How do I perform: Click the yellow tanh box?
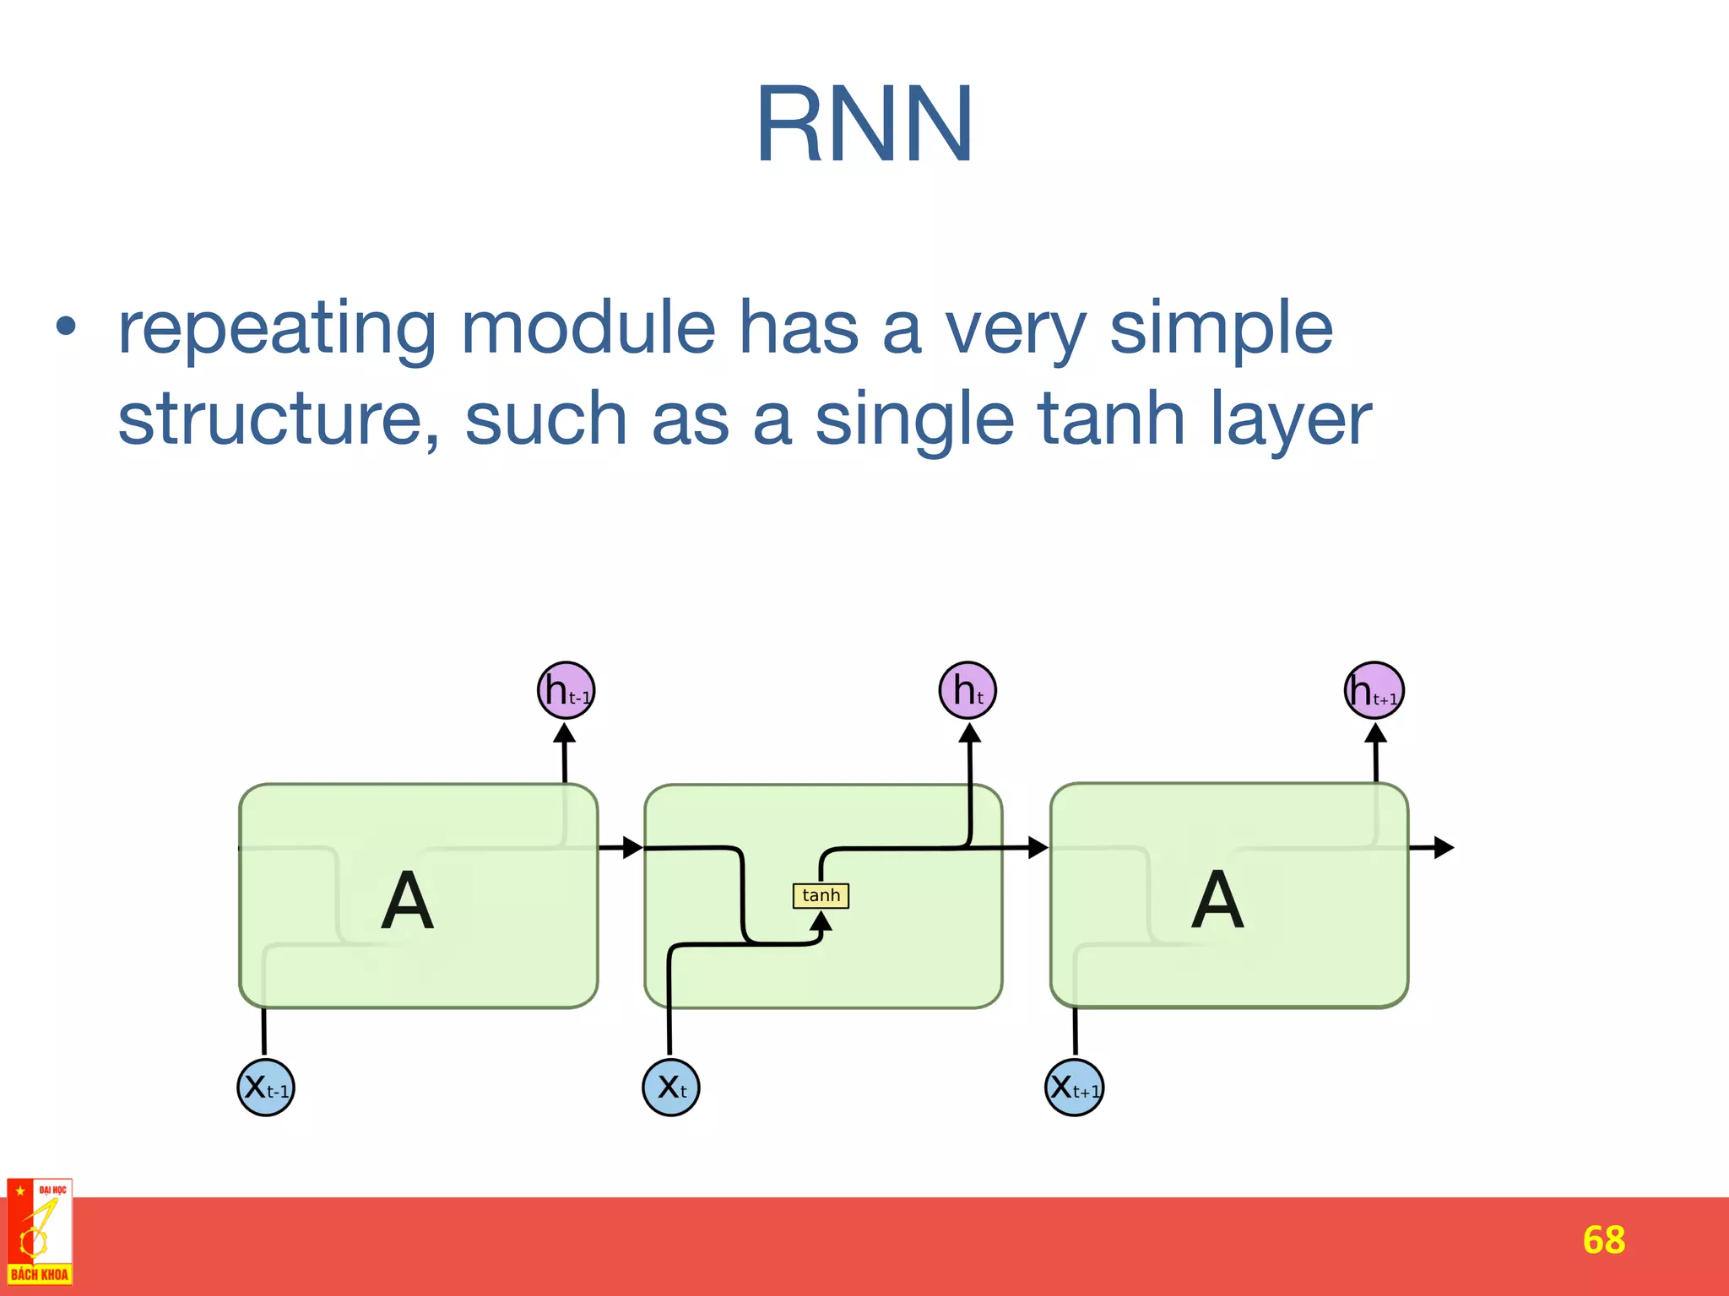[821, 895]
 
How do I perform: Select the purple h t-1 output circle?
[566, 691]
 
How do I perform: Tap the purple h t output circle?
[967, 691]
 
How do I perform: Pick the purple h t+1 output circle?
[1374, 691]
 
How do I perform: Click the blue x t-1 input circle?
[266, 1088]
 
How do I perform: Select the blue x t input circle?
[671, 1088]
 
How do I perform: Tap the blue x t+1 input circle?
[1074, 1088]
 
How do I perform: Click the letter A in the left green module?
[407, 900]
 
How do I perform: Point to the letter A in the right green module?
[1217, 900]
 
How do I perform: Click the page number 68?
[1603, 1240]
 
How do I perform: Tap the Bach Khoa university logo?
[40, 1232]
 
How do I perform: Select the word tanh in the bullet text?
[1111, 418]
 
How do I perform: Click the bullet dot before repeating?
[66, 326]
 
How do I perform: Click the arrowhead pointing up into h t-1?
[565, 732]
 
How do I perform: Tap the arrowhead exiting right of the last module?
[1443, 847]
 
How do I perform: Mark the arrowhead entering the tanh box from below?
[821, 921]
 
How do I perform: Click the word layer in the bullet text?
[1292, 420]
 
